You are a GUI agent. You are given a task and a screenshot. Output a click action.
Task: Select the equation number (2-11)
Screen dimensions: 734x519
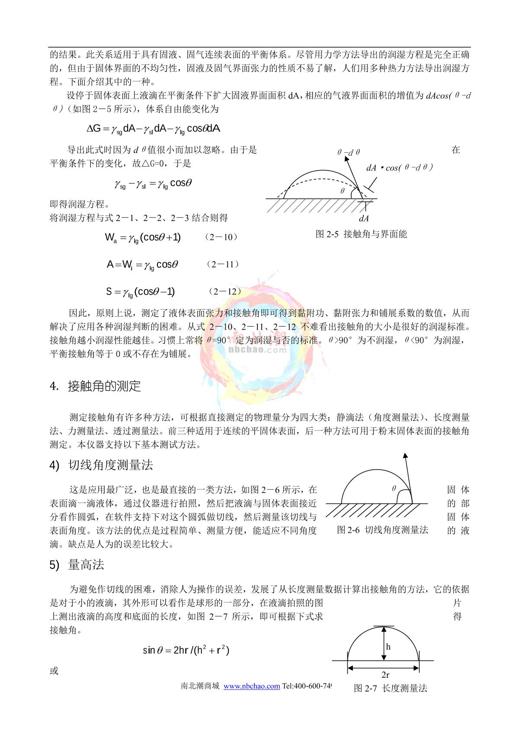(223, 264)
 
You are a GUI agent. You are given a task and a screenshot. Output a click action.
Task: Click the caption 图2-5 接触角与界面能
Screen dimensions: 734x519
(361, 234)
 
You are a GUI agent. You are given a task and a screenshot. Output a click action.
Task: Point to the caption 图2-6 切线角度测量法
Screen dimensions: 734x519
(382, 530)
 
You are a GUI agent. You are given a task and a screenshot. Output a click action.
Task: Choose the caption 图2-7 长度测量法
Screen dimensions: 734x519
(390, 688)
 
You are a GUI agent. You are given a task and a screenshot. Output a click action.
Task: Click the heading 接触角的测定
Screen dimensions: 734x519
(104, 386)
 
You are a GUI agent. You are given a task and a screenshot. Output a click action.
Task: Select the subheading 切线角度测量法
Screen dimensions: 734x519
(111, 465)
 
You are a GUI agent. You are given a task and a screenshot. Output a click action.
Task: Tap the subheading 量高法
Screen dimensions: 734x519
(86, 565)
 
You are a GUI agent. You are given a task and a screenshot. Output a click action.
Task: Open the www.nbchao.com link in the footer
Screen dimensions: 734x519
(251, 686)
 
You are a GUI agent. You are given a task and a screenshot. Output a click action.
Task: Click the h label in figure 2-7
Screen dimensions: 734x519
(388, 647)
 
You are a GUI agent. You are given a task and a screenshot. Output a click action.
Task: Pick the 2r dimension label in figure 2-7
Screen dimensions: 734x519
(385, 675)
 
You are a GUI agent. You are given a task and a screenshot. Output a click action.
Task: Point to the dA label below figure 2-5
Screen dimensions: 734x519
(364, 218)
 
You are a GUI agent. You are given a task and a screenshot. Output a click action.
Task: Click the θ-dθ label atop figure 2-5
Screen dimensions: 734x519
(349, 152)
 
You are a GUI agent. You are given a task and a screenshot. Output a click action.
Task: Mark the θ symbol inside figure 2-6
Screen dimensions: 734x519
(394, 488)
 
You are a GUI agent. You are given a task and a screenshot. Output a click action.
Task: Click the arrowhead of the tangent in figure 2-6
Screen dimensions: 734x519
(405, 455)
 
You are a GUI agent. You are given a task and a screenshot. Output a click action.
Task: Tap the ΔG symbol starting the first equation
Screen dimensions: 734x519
(93, 128)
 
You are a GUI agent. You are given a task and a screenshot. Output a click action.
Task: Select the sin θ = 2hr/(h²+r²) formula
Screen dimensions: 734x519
(186, 650)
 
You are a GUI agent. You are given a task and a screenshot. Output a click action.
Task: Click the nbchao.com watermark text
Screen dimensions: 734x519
(257, 349)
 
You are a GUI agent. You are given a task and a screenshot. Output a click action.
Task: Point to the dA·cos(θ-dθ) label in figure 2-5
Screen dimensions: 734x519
(399, 167)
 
